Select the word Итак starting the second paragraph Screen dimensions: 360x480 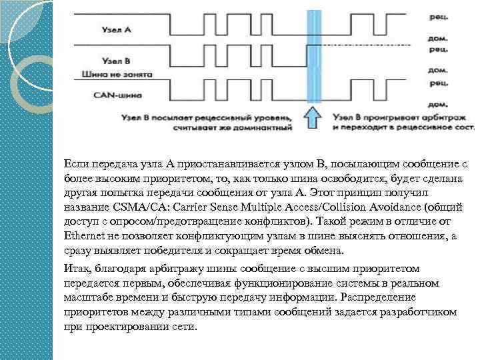tap(76, 268)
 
